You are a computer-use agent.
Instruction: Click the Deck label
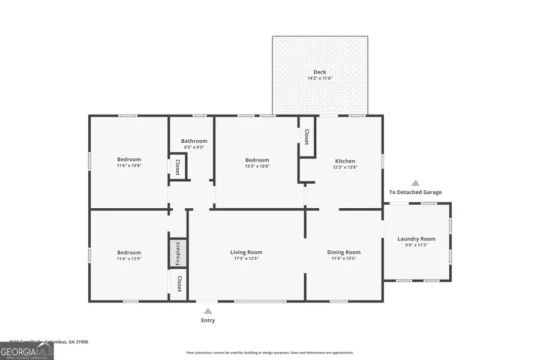[x=320, y=72]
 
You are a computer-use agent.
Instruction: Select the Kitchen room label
[x=345, y=161]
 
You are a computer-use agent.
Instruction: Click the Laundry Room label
[x=416, y=239]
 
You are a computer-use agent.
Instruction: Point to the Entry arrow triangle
[x=208, y=311]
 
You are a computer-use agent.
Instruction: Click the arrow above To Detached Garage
[x=415, y=183]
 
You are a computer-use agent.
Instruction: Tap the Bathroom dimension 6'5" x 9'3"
[x=194, y=147]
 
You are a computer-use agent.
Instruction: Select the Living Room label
[x=246, y=252]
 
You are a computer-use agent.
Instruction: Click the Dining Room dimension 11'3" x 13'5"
[x=343, y=259]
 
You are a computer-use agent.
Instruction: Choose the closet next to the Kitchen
[x=307, y=137]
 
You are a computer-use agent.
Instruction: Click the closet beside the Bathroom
[x=178, y=166]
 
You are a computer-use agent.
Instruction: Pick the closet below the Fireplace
[x=178, y=284]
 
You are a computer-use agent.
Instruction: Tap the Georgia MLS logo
[x=27, y=350]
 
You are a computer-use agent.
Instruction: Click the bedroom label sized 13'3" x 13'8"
[x=257, y=160]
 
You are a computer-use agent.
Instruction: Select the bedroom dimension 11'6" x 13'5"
[x=129, y=259]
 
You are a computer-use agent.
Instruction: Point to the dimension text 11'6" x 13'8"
[x=129, y=166]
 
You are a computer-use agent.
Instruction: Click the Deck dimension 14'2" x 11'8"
[x=320, y=79]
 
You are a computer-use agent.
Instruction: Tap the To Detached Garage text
[x=415, y=192]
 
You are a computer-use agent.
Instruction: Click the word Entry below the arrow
[x=208, y=320]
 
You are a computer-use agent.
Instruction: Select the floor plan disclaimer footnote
[x=269, y=353]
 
